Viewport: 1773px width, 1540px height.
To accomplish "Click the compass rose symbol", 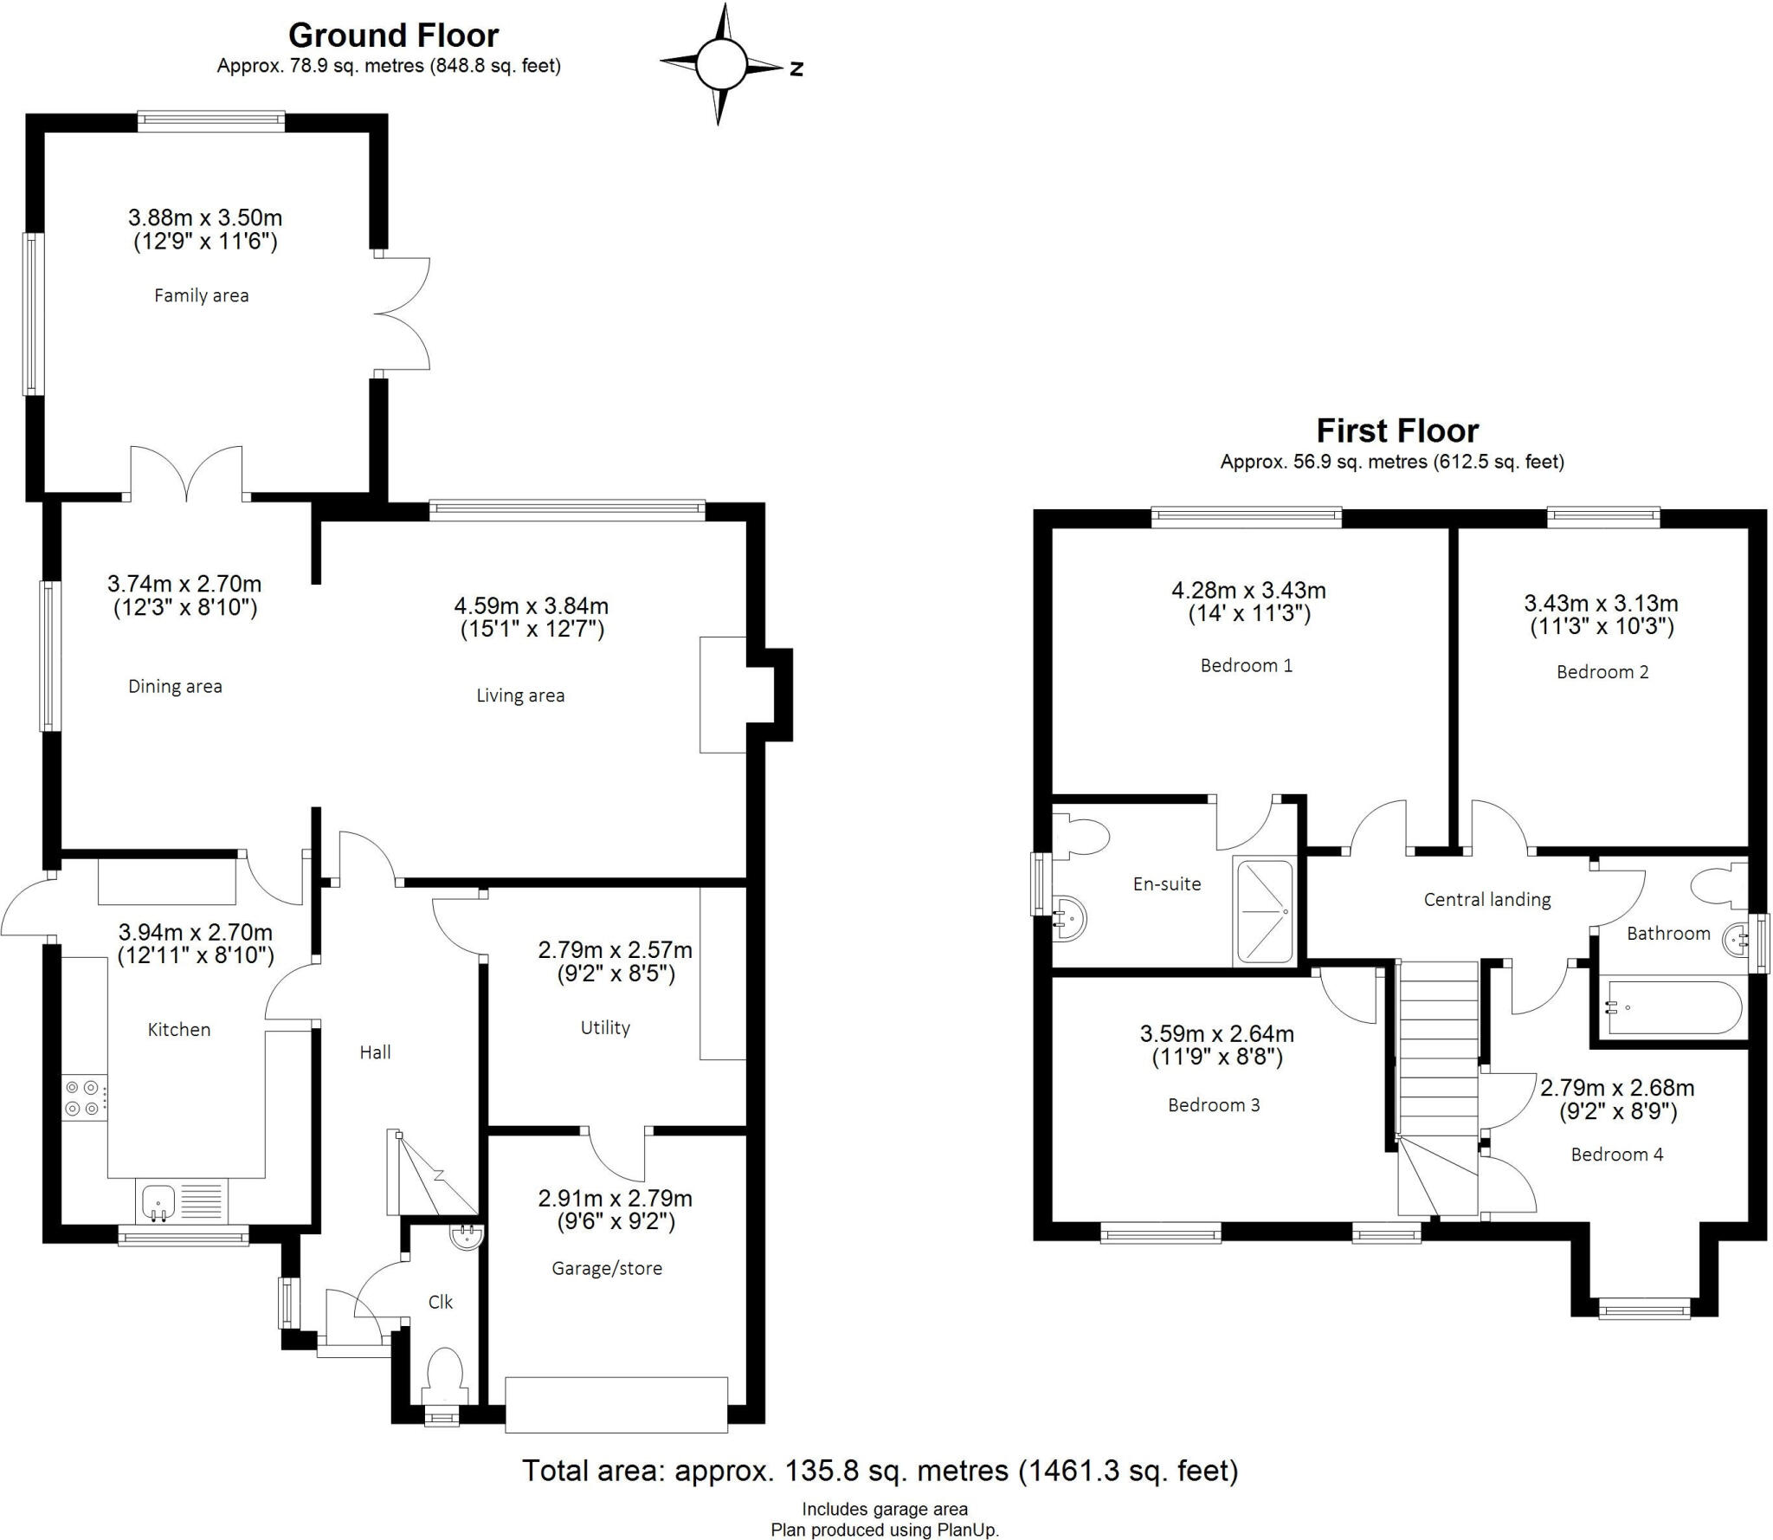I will pyautogui.click(x=720, y=65).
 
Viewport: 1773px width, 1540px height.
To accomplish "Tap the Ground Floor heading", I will pyautogui.click(x=393, y=36).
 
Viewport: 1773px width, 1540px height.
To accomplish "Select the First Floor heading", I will pyautogui.click(x=1397, y=430).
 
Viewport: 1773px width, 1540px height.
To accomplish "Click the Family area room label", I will pyautogui.click(x=201, y=295).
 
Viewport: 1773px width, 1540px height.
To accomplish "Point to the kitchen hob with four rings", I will pyautogui.click(x=84, y=1097).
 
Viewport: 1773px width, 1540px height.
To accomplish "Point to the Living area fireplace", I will pyautogui.click(x=723, y=695).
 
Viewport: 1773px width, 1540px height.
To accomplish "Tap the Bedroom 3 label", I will pyautogui.click(x=1214, y=1105).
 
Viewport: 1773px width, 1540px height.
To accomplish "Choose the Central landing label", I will pyautogui.click(x=1486, y=900).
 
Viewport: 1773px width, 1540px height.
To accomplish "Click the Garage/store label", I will pyautogui.click(x=607, y=1268).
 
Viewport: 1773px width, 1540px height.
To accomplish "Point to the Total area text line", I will pyautogui.click(x=880, y=1470).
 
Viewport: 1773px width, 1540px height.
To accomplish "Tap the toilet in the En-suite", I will pyautogui.click(x=1086, y=837).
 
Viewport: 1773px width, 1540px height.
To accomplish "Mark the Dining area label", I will pyautogui.click(x=175, y=686).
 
